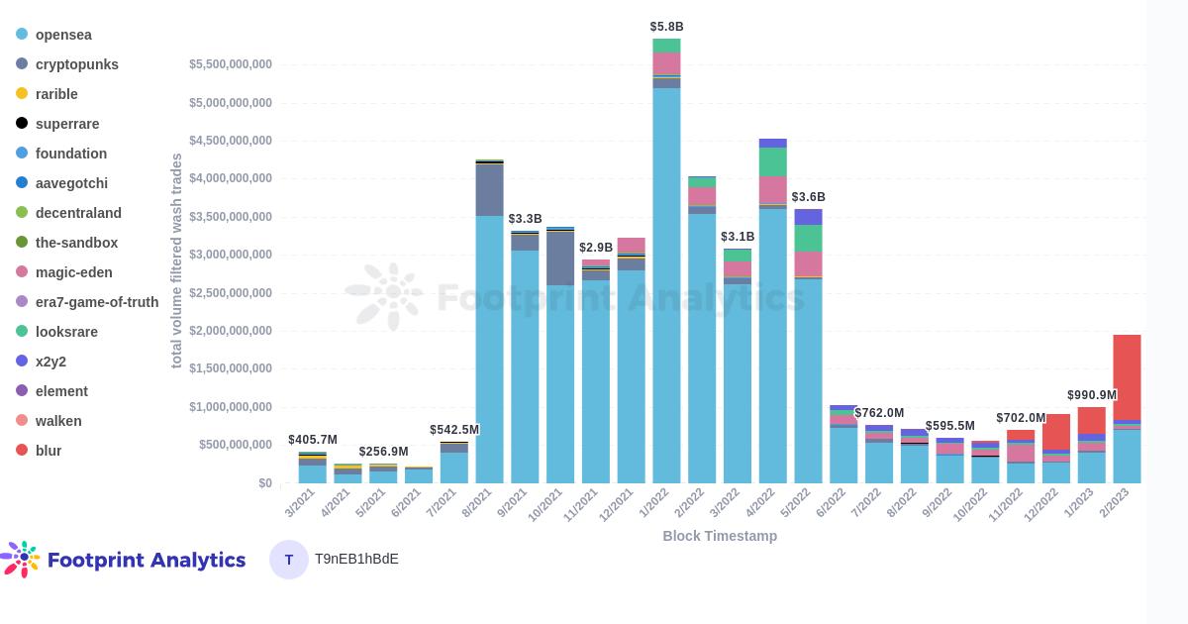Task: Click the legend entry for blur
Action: (x=48, y=451)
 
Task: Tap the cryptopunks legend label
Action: (x=76, y=64)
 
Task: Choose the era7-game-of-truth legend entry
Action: (x=96, y=302)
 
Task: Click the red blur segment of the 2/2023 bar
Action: (x=1127, y=376)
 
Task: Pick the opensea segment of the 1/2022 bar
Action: (x=666, y=287)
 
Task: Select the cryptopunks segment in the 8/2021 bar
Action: (x=489, y=190)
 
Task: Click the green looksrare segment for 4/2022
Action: (x=772, y=161)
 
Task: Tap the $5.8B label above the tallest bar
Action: (x=666, y=27)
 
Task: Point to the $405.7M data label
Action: (x=313, y=440)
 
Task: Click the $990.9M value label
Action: (x=1091, y=395)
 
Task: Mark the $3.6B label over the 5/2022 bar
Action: (x=808, y=197)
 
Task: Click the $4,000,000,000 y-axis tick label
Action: (x=231, y=178)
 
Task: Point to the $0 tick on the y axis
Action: (x=264, y=483)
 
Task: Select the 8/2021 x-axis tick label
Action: (x=477, y=503)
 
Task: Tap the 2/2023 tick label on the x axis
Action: (x=1114, y=503)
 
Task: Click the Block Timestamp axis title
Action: (x=720, y=536)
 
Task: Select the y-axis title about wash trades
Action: (x=176, y=260)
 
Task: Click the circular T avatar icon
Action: (x=289, y=560)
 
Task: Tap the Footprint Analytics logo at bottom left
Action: (x=124, y=560)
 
